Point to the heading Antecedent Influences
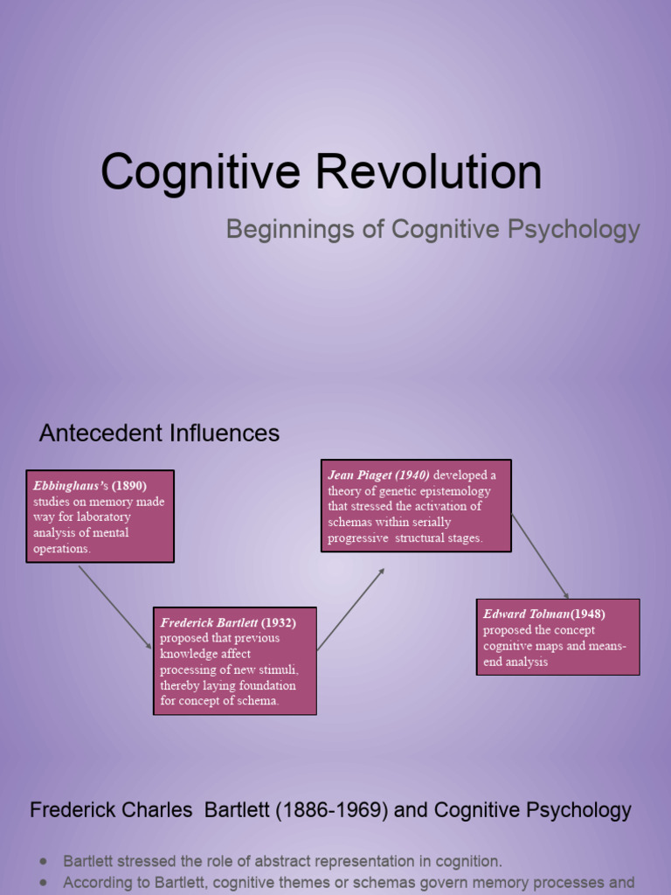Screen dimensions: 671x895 tap(159, 433)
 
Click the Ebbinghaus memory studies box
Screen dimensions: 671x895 tap(100, 517)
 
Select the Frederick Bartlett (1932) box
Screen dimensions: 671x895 tap(234, 661)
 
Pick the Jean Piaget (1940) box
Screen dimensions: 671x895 tap(415, 506)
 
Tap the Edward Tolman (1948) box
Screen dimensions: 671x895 tap(557, 636)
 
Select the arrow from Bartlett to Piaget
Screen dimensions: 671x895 tap(350, 609)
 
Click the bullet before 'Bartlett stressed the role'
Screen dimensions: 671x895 tap(45, 861)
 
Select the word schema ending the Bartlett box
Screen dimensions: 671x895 tap(259, 701)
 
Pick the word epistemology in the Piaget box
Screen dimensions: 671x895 tap(451, 491)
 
